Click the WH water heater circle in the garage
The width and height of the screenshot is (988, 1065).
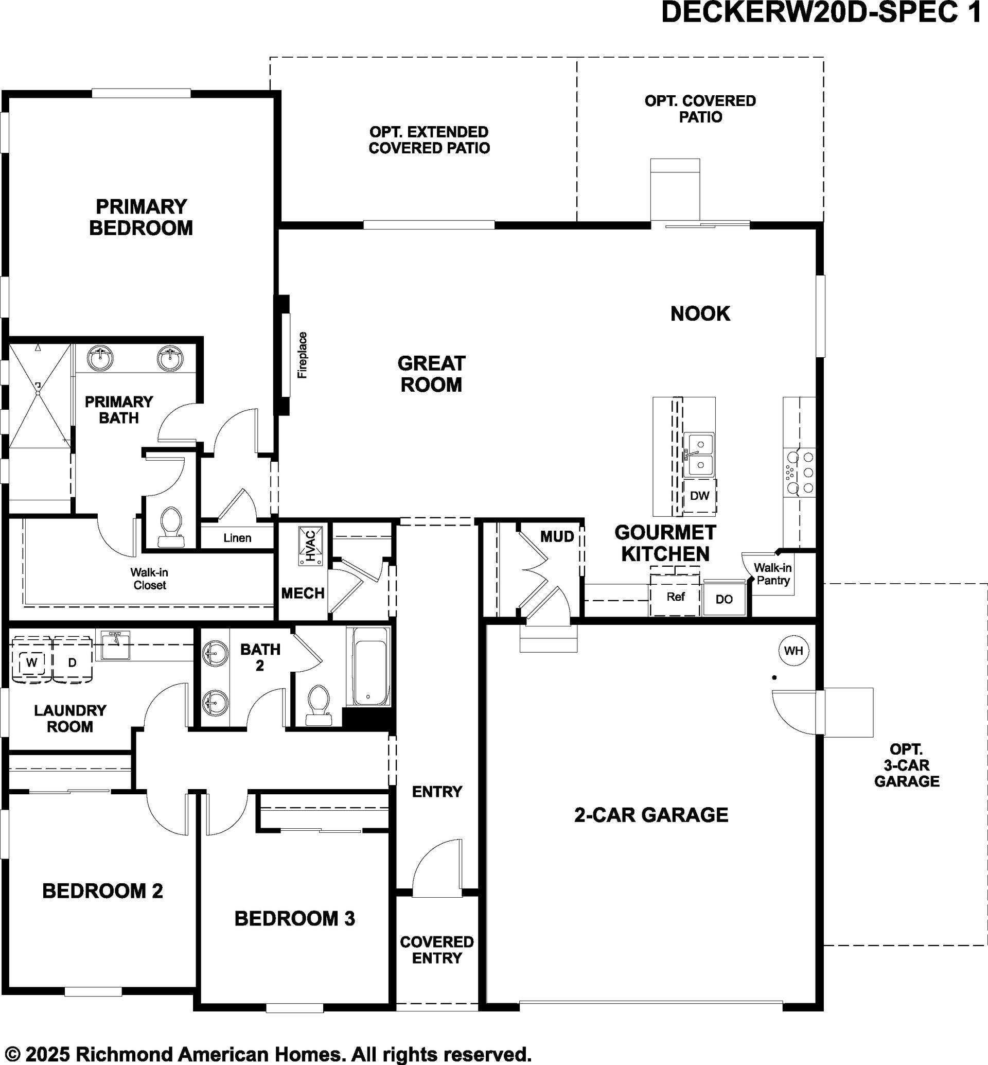[x=793, y=651]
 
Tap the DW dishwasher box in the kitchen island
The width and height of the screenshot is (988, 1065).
[x=699, y=496]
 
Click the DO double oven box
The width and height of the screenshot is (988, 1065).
[x=724, y=599]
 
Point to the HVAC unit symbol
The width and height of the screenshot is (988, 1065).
[x=311, y=546]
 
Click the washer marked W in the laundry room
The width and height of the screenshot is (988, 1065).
[x=31, y=662]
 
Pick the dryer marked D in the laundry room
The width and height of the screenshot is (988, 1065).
[x=72, y=662]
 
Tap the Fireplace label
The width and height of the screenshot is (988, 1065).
[x=303, y=355]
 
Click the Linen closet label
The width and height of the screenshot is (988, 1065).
[x=237, y=537]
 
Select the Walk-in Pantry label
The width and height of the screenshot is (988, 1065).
[x=773, y=574]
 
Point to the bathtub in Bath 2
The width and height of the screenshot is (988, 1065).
[x=368, y=667]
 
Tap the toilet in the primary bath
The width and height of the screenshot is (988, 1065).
[x=171, y=528]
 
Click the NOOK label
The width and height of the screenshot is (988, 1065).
[x=700, y=313]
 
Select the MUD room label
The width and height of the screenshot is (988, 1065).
[x=557, y=536]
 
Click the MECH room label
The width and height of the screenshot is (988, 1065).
[x=303, y=593]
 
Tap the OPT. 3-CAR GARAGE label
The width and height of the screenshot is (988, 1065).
[x=907, y=765]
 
